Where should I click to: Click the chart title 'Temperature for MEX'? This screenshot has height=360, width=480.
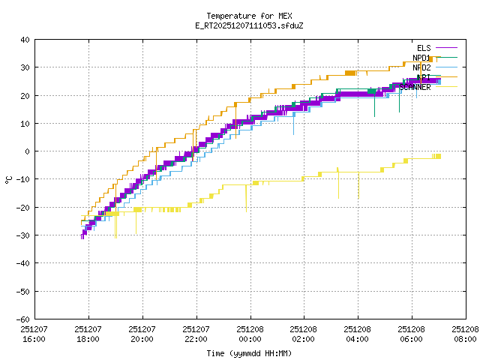pyautogui.click(x=249, y=16)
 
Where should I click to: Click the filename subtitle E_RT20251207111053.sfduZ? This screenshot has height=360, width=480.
pyautogui.click(x=249, y=25)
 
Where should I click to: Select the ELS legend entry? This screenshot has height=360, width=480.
pyautogui.click(x=424, y=48)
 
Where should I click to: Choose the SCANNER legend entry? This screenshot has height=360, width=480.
pyautogui.click(x=415, y=87)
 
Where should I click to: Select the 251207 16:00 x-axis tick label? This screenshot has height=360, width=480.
pyautogui.click(x=34, y=334)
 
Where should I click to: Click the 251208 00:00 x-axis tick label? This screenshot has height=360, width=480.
pyautogui.click(x=250, y=334)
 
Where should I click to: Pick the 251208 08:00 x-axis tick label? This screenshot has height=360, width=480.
pyautogui.click(x=465, y=334)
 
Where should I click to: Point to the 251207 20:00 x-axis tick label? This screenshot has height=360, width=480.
pyautogui.click(x=142, y=334)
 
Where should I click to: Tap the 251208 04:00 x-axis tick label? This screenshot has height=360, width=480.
pyautogui.click(x=357, y=334)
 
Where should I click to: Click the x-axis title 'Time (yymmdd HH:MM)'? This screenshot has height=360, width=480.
pyautogui.click(x=249, y=352)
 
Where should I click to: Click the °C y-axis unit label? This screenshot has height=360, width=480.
pyautogui.click(x=8, y=179)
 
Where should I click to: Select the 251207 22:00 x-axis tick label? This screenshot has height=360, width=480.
pyautogui.click(x=196, y=334)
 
